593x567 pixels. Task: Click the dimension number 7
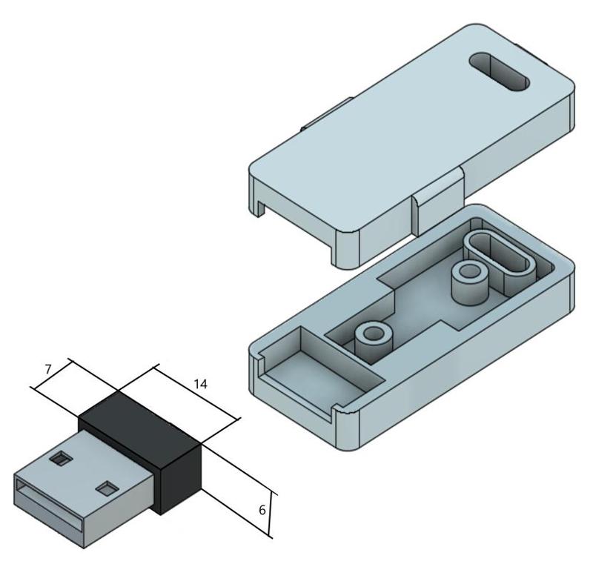point(47,369)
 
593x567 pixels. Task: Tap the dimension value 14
point(200,385)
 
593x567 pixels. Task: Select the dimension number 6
point(262,510)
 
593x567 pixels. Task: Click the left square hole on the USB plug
point(60,460)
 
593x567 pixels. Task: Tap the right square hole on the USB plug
point(107,489)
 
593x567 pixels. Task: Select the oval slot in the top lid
point(499,72)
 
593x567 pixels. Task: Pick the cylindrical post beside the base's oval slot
point(470,282)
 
